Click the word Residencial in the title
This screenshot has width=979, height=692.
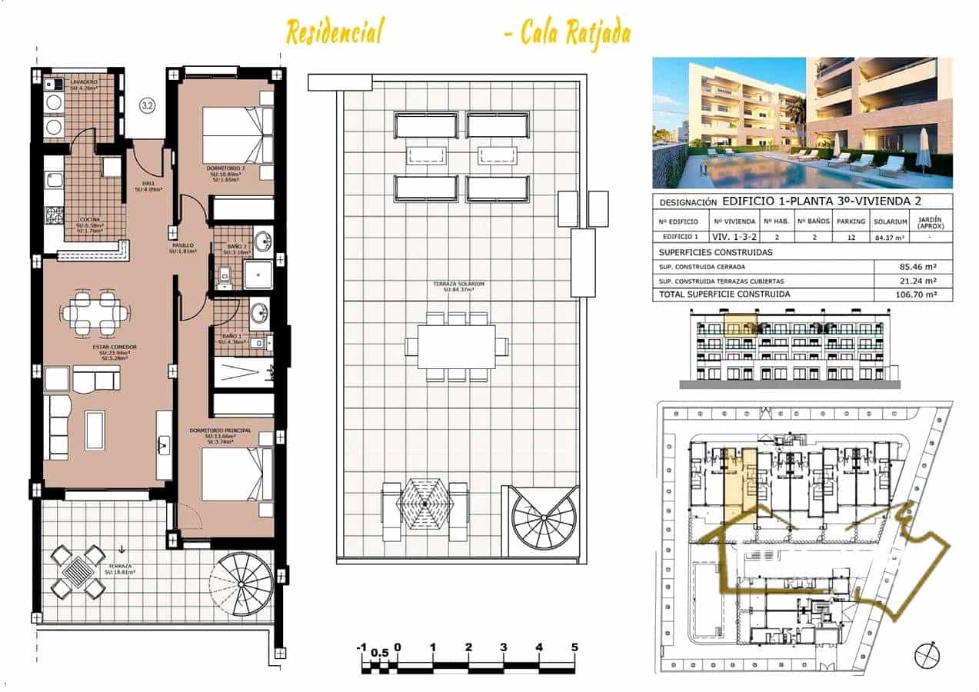334,33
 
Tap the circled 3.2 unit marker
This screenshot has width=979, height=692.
146,106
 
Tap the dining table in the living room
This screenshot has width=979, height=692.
95,313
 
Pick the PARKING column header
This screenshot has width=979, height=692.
851,221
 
